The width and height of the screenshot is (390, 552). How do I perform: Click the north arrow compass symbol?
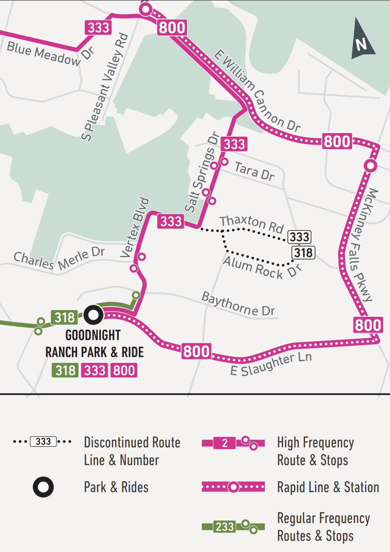(x=362, y=40)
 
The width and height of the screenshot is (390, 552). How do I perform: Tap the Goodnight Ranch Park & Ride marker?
(x=93, y=315)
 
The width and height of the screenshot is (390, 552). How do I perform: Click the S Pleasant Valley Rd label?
(x=105, y=87)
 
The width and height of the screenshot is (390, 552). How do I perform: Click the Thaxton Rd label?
(x=252, y=224)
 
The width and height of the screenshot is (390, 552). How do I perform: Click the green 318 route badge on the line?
(x=64, y=317)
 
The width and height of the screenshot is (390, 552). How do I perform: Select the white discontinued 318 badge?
(x=303, y=253)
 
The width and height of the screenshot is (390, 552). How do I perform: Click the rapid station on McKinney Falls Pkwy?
(x=370, y=166)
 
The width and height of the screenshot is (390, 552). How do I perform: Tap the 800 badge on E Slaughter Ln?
(x=196, y=351)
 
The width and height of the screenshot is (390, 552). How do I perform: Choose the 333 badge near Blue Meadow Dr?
(x=98, y=28)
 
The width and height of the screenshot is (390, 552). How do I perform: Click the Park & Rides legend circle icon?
(x=43, y=487)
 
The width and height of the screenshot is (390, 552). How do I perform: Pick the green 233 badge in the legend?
(x=224, y=527)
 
